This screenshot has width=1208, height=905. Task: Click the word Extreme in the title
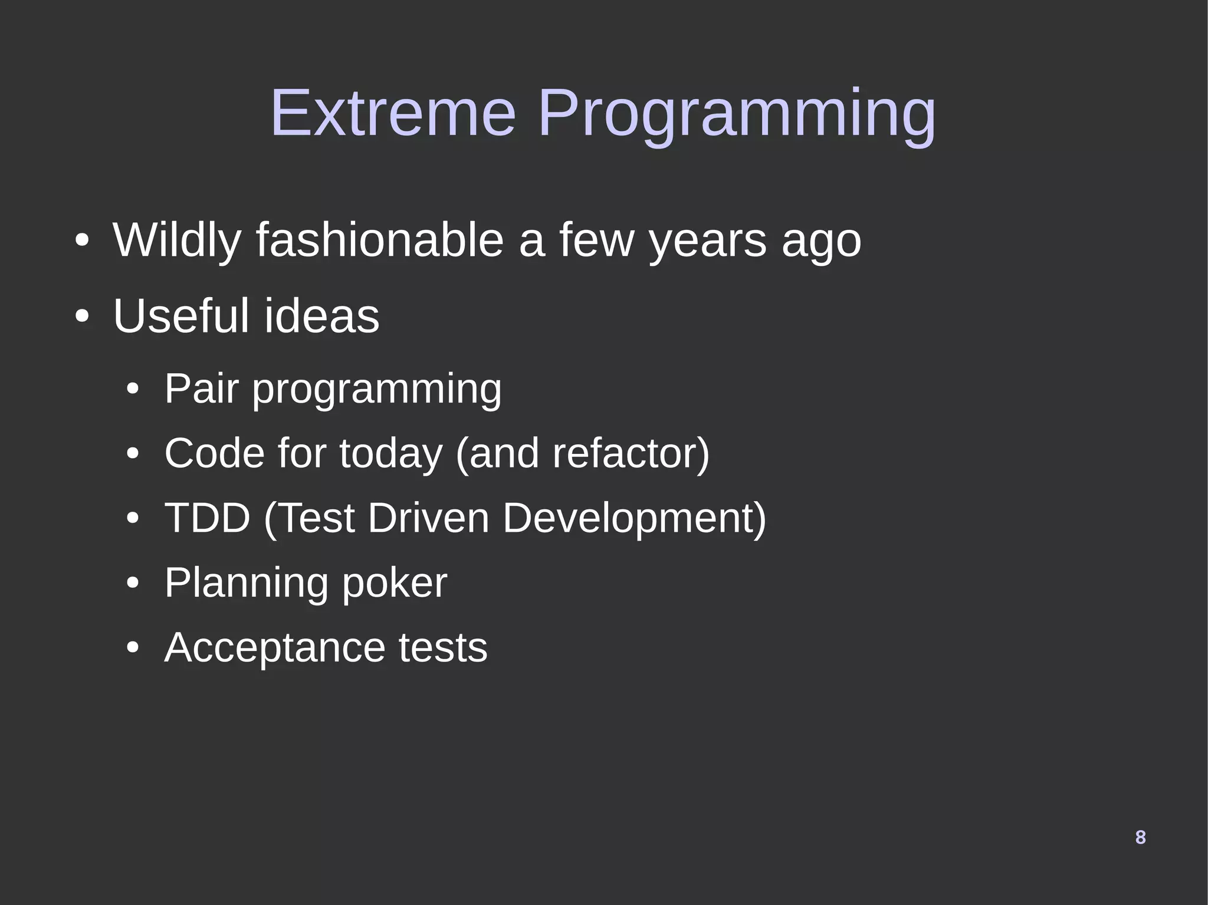(393, 113)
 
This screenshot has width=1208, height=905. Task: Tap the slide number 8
(1140, 837)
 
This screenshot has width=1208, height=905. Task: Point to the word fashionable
(380, 241)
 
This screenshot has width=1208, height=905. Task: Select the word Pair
(201, 389)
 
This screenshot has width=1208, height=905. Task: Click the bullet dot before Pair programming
(133, 390)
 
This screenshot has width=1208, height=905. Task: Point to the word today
(390, 453)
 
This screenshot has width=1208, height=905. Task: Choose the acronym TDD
(207, 518)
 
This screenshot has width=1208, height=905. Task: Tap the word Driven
(428, 518)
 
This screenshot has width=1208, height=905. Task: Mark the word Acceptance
(274, 647)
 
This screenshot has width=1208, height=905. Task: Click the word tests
(443, 647)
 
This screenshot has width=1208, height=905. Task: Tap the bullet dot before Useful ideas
(81, 317)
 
